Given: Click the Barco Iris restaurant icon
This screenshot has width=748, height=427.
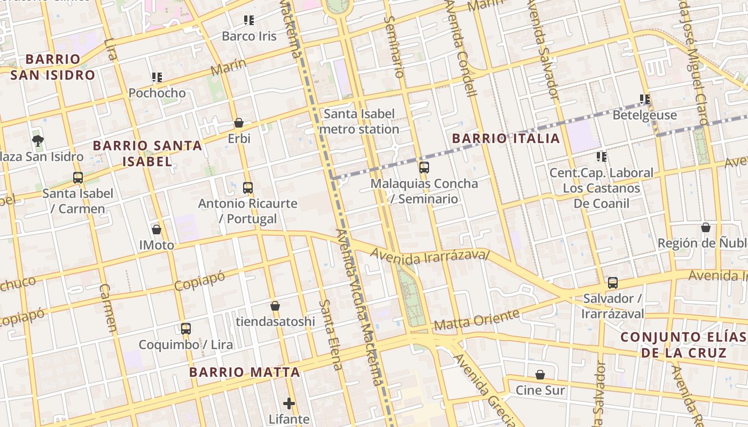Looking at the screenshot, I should (248, 20).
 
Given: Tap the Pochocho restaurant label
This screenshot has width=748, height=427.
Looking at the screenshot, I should (157, 93).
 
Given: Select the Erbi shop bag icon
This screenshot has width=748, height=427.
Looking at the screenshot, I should (239, 123).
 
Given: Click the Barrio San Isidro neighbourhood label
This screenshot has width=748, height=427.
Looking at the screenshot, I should (52, 67).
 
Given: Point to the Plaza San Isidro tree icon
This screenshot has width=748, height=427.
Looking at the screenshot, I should (37, 141).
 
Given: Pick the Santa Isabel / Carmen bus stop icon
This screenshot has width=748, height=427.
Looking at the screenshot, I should (78, 178).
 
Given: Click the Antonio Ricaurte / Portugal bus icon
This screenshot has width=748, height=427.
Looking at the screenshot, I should (247, 188).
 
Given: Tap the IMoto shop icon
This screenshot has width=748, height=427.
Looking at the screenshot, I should (157, 230).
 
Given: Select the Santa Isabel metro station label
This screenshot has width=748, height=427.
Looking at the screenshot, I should (359, 121).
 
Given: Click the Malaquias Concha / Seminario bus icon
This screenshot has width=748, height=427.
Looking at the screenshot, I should (424, 168).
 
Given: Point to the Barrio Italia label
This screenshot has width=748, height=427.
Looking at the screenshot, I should (506, 139).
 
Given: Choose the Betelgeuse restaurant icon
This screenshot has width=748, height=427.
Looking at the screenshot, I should (645, 99).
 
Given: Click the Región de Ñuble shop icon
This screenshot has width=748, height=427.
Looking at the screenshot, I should (706, 227).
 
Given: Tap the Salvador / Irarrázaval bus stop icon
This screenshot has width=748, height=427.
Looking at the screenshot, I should (613, 282).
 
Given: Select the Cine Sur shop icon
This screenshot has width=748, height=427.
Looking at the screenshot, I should (540, 375).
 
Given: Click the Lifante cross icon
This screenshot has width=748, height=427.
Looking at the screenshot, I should (289, 404).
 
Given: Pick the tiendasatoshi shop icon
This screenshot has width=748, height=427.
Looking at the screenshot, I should (275, 306).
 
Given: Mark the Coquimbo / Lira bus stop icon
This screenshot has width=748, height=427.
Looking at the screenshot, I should (186, 329).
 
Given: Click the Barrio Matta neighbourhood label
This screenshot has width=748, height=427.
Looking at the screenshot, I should (244, 373).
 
